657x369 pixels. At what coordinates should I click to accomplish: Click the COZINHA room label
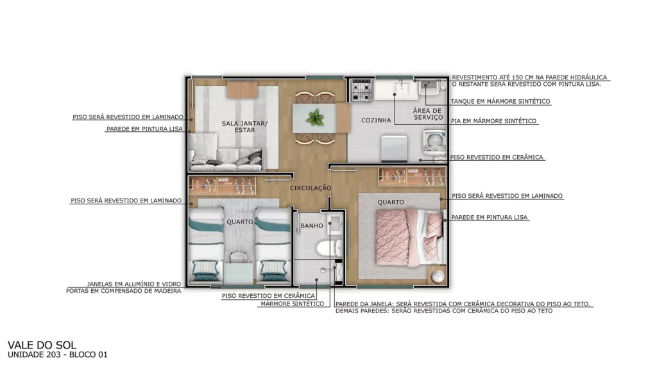pos(376,120)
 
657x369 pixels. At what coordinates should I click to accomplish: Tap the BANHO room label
pos(312,225)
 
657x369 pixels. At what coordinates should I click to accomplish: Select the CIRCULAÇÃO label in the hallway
pos(311,188)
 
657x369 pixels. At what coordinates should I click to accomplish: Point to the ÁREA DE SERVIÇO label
pos(428,114)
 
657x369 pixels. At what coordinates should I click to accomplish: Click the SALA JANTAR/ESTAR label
pos(244,126)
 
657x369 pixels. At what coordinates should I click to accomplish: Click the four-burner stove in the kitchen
pos(361,91)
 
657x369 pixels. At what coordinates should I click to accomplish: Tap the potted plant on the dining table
pos(314,118)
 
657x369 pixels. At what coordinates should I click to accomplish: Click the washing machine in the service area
pos(435,142)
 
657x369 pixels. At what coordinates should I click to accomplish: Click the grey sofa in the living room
pos(226,159)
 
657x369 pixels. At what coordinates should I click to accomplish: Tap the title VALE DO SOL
pos(42,345)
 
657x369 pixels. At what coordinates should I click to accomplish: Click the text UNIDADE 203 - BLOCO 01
pos(57,355)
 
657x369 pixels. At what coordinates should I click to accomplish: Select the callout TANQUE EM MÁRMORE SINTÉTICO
pos(500,101)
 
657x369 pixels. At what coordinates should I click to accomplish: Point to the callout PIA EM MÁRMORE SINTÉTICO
pos(493,121)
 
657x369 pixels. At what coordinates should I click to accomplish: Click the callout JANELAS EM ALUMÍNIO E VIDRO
pos(134,284)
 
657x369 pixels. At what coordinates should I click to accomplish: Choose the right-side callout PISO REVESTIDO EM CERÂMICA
pos(497,158)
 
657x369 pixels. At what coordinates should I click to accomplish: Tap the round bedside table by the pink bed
pos(438,275)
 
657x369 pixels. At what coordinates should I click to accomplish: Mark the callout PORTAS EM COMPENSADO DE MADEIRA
pos(124,291)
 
